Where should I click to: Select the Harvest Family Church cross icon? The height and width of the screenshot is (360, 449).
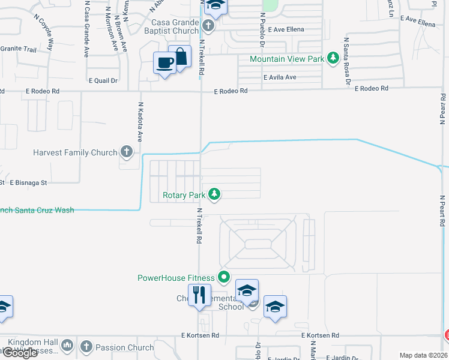point(126,152)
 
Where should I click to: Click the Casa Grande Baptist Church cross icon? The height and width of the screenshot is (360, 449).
point(208,26)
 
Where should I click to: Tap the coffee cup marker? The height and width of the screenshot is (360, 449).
point(164,62)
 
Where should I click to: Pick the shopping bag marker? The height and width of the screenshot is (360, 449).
point(179,56)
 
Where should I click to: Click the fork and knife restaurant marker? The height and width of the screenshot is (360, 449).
point(199,295)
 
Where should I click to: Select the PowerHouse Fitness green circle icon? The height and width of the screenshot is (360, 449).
point(224,277)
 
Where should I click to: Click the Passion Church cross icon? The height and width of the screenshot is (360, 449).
point(86,347)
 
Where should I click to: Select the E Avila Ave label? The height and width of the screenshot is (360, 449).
point(280,77)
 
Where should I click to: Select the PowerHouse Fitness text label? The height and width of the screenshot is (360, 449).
point(176,278)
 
